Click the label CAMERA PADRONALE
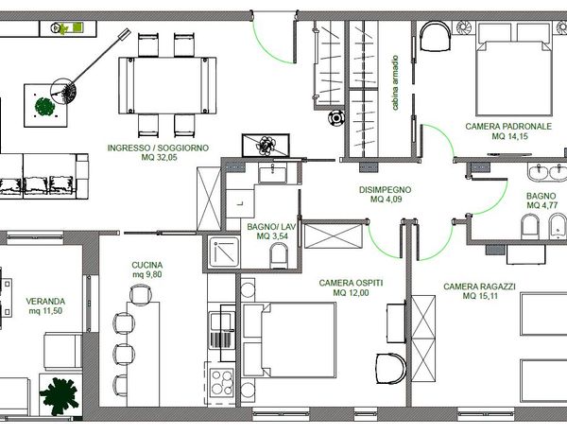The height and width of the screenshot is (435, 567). pyautogui.click(x=508, y=127)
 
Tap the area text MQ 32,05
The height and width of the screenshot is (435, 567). pyautogui.click(x=159, y=157)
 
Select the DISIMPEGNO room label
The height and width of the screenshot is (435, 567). pyautogui.click(x=385, y=190)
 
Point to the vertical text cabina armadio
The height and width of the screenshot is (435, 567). pyautogui.click(x=395, y=82)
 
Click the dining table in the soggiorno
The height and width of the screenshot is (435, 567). pyautogui.click(x=167, y=85)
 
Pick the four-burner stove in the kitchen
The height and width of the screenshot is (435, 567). pyautogui.click(x=222, y=382)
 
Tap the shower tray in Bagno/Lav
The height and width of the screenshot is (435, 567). pyautogui.click(x=224, y=252)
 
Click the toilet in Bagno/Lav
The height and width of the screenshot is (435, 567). pyautogui.click(x=279, y=255)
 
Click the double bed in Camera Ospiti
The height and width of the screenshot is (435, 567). pyautogui.click(x=289, y=339)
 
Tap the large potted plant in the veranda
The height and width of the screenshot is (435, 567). pyautogui.click(x=59, y=396)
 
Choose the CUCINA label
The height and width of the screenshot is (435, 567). pyautogui.click(x=146, y=265)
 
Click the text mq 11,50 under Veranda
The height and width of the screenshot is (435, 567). pyautogui.click(x=45, y=311)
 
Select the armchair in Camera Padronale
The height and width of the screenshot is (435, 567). pyautogui.click(x=435, y=36)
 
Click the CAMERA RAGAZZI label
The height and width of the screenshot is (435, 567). pyautogui.click(x=479, y=287)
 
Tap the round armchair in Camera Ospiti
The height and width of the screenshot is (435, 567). pyautogui.click(x=390, y=368)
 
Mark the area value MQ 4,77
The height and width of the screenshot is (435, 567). pyautogui.click(x=542, y=205)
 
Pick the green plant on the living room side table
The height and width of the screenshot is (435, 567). pyautogui.click(x=44, y=107)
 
